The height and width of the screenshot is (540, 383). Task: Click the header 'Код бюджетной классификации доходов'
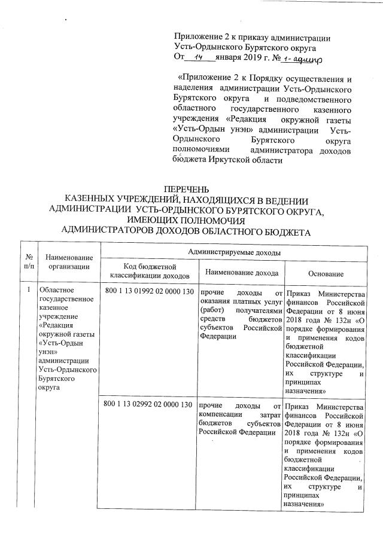150,271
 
